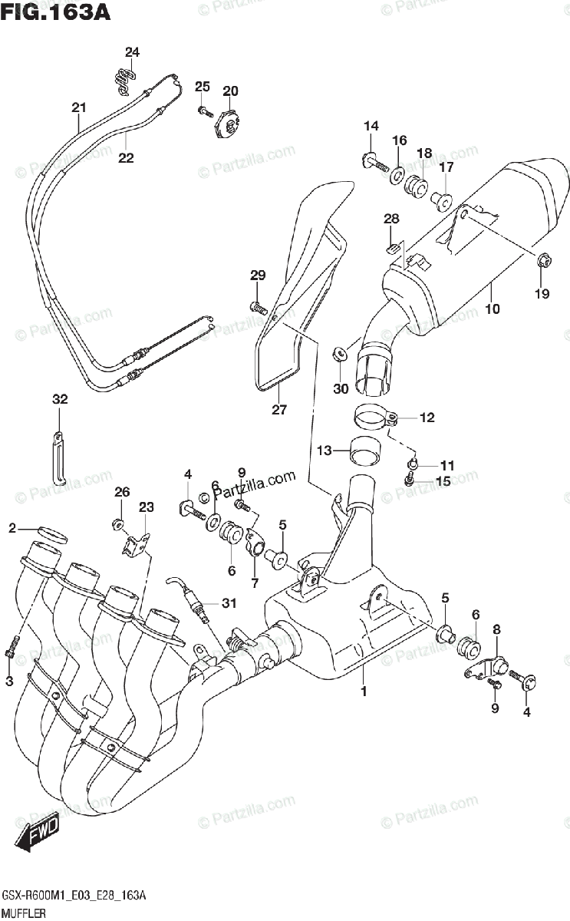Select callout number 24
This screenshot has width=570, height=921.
click(133, 52)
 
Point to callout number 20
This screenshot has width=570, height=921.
click(230, 91)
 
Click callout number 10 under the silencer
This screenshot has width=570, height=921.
click(492, 309)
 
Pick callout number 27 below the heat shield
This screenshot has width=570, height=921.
click(280, 409)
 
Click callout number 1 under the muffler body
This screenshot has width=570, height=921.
click(364, 692)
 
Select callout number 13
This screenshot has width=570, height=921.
click(325, 451)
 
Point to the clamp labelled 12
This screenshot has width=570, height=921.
click(376, 419)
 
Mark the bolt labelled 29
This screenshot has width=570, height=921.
click(259, 307)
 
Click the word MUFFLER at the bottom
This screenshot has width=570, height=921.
click(24, 913)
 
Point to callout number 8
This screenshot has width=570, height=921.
click(496, 629)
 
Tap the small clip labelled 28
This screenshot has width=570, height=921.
click(392, 247)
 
